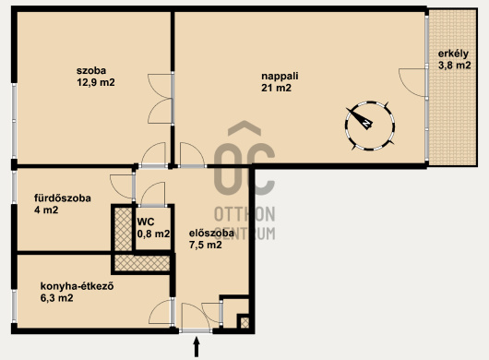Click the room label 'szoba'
point(91,70)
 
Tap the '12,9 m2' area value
point(96,83)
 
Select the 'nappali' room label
point(280,76)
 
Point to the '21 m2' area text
point(276,88)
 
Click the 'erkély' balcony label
point(453,54)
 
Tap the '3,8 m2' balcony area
point(455,66)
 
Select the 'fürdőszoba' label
point(63,198)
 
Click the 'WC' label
point(146,222)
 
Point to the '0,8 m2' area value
point(153,234)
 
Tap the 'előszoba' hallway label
point(211,233)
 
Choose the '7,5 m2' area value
point(205,245)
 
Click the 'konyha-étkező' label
point(77,286)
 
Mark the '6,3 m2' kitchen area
point(57,298)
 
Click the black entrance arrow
point(197,346)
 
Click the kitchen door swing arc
point(155,307)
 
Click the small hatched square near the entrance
point(244,322)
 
